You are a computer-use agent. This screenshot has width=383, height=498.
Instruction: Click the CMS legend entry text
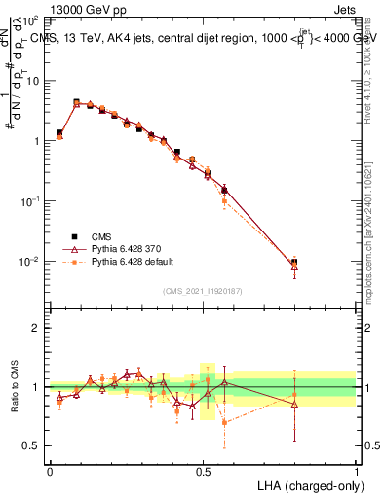click(101, 235)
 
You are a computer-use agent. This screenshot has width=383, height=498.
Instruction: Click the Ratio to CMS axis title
click(16, 387)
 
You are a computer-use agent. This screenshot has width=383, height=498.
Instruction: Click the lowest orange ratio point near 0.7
click(225, 422)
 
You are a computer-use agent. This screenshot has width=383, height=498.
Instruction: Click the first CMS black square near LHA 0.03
click(59, 132)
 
